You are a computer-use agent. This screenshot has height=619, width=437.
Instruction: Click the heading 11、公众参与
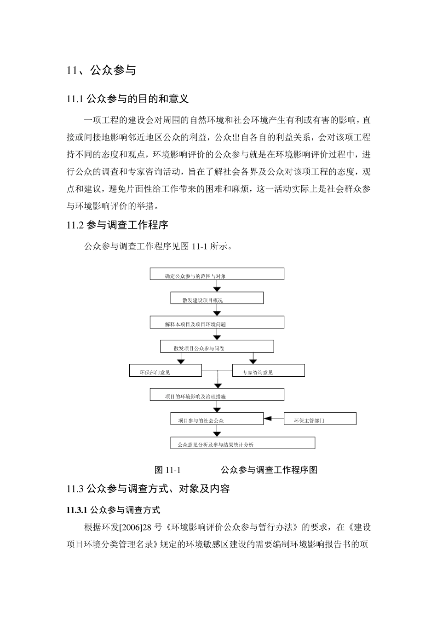click(101, 70)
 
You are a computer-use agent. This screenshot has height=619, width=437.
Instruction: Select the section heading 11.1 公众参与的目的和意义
click(127, 99)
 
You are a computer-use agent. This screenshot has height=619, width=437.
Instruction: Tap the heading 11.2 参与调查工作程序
click(117, 225)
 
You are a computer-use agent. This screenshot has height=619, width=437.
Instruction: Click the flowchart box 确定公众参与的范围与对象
click(217, 274)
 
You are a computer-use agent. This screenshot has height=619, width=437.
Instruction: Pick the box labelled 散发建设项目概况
click(217, 298)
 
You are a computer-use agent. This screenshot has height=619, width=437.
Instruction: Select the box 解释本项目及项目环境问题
click(217, 322)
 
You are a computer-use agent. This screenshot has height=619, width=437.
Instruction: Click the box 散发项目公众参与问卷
click(217, 346)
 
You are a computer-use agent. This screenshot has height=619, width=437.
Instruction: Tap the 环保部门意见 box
click(165, 370)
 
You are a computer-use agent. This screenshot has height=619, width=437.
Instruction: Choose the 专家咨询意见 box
click(268, 370)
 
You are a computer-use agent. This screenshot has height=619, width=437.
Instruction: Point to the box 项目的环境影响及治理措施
click(217, 395)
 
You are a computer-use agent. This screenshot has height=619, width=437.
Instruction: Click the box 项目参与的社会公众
click(217, 419)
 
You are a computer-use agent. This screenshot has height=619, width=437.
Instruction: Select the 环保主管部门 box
click(320, 419)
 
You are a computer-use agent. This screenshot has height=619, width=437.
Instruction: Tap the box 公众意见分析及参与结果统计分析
click(242, 443)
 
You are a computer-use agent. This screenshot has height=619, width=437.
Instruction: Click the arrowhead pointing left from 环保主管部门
click(268, 419)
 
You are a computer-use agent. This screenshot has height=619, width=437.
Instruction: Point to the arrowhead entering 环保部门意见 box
click(181, 361)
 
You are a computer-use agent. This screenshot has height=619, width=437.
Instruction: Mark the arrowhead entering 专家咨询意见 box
click(253, 361)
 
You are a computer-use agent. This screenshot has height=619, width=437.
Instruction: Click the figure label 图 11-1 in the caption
click(167, 470)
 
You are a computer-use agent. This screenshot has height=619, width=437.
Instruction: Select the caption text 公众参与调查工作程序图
click(269, 470)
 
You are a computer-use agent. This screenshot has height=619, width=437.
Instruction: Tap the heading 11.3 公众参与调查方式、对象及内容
click(148, 489)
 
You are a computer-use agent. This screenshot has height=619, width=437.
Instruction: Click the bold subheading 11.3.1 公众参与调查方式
click(113, 510)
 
